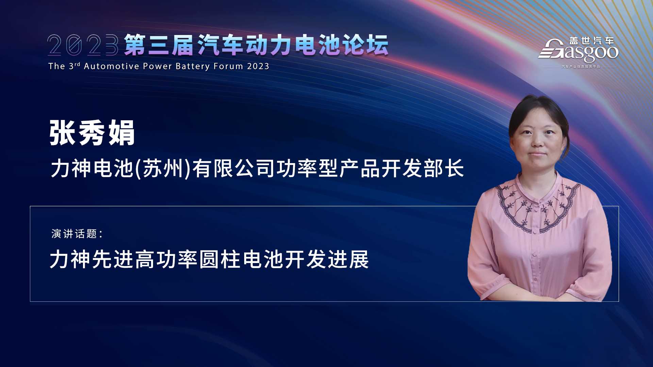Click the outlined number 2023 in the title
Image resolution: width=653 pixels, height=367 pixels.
pyautogui.click(x=83, y=45)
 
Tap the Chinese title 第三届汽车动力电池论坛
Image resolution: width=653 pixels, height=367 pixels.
pyautogui.click(x=256, y=45)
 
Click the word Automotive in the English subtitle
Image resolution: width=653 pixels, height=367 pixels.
pyautogui.click(x=112, y=66)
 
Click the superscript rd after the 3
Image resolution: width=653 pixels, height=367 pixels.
pyautogui.click(x=77, y=64)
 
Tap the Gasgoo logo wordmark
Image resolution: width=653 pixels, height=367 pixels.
pyautogui.click(x=578, y=52)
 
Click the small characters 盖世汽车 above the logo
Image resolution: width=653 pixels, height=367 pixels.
pyautogui.click(x=592, y=41)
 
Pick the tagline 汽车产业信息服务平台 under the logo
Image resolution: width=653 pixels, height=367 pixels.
pyautogui.click(x=581, y=67)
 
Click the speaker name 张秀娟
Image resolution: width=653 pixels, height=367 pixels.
pyautogui.click(x=92, y=133)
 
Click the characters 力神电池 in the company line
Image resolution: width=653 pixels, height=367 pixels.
pyautogui.click(x=92, y=169)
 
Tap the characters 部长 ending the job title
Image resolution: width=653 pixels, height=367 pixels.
pyautogui.click(x=443, y=169)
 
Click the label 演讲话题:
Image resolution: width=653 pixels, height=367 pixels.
pyautogui.click(x=77, y=234)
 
